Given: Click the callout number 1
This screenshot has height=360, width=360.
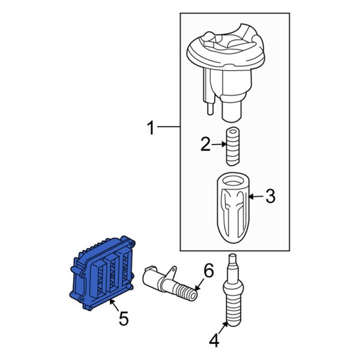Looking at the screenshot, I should click(x=151, y=127).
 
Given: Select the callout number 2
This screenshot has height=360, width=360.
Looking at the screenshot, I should click(x=205, y=144).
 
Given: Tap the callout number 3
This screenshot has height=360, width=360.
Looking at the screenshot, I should click(x=270, y=196).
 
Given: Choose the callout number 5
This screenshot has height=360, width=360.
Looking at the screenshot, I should click(x=123, y=319).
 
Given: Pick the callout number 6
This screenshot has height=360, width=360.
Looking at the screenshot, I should click(x=208, y=271).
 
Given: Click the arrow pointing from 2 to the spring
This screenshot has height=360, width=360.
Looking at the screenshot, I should click(x=219, y=144).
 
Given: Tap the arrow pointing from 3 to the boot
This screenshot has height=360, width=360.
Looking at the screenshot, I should click(x=255, y=196).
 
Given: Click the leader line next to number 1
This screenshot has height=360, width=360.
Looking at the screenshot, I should click(x=169, y=127).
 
